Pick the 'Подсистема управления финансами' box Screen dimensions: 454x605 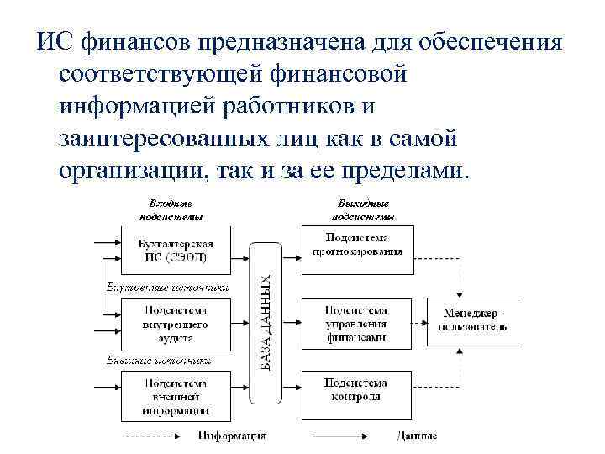pyautogui.click(x=357, y=324)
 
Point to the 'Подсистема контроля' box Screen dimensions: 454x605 pyautogui.click(x=357, y=390)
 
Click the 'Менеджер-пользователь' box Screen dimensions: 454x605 pyautogui.click(x=472, y=319)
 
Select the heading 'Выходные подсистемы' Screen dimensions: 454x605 pyautogui.click(x=362, y=209)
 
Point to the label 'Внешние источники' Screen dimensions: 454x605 pyautogui.click(x=158, y=360)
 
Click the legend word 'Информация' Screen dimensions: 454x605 pyautogui.click(x=233, y=436)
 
